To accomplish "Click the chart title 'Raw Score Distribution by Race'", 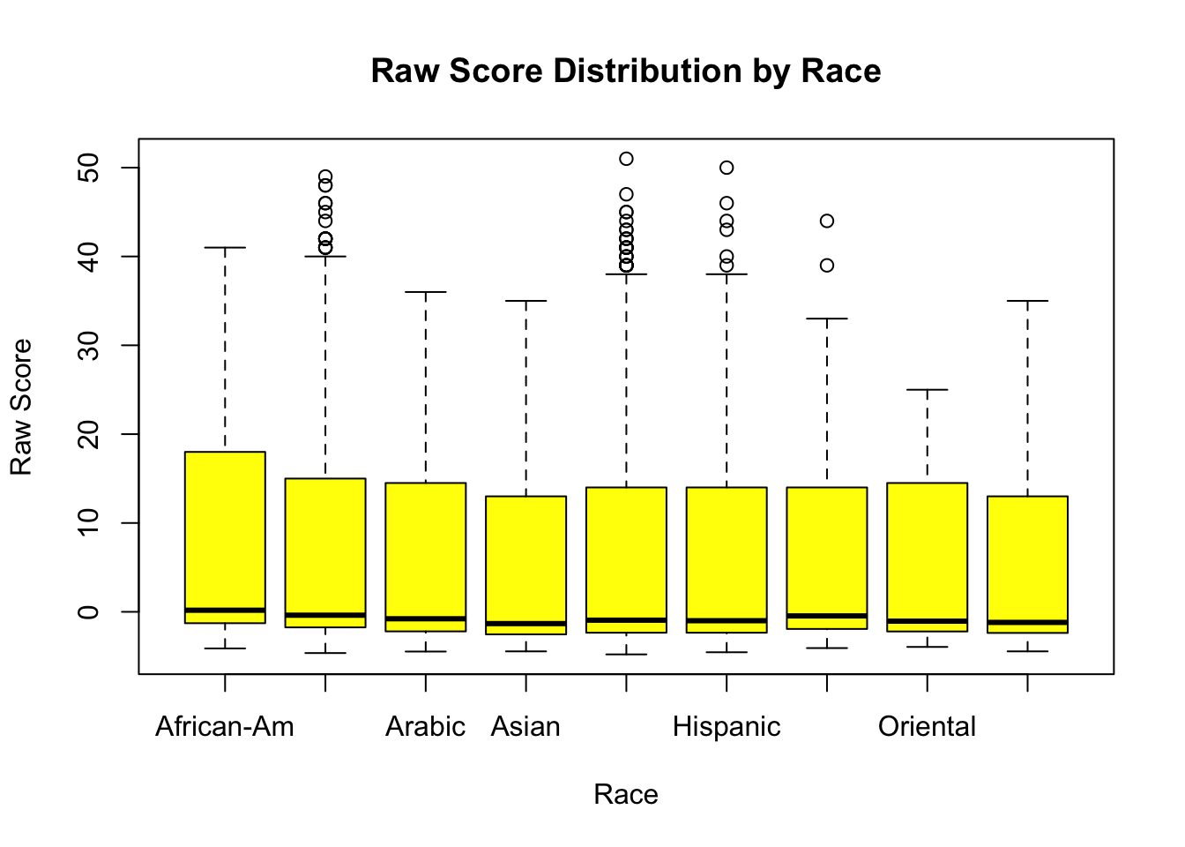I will (x=625, y=71).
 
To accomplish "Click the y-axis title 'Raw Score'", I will (x=21, y=407).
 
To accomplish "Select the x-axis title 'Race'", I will (x=625, y=794).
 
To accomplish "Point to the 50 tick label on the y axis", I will (x=89, y=168).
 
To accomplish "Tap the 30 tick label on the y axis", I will (x=89, y=345).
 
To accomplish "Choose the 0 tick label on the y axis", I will (x=89, y=611).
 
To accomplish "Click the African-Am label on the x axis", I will (x=225, y=726).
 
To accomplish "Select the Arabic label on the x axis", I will (x=425, y=726).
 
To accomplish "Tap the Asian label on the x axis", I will (x=525, y=726).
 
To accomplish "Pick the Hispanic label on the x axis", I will (x=727, y=726).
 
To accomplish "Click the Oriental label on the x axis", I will (x=927, y=726).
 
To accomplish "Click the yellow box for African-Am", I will (x=225, y=529).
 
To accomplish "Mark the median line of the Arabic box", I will (x=426, y=618).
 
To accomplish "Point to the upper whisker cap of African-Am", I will (x=225, y=248).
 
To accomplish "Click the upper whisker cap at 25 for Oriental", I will (x=927, y=389).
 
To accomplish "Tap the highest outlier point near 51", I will (x=626, y=159).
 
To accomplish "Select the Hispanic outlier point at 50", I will (x=727, y=168).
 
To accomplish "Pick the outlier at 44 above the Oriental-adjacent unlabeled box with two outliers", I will (x=827, y=221).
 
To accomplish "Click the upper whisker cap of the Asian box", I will (x=526, y=301).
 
